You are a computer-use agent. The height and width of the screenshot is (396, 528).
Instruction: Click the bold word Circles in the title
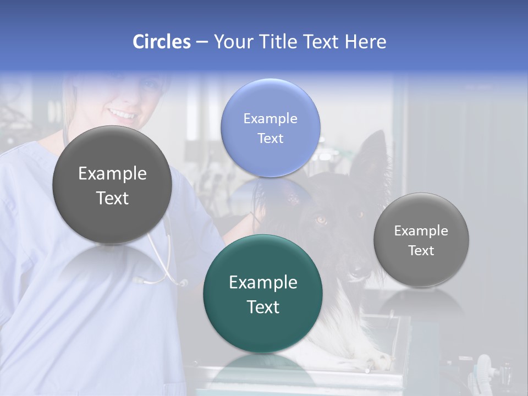point(162,42)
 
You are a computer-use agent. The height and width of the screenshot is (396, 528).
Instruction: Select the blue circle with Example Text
point(270,128)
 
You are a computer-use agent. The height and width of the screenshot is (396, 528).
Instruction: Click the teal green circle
point(263,294)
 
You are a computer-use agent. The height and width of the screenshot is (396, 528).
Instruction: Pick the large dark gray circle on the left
point(112,185)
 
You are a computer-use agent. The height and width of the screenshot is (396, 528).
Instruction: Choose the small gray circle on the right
point(421,240)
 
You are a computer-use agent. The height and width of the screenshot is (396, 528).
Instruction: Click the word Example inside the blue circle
point(270,118)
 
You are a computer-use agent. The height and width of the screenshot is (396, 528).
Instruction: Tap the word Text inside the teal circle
point(263,307)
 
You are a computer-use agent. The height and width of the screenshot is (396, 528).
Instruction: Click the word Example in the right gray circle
point(421,230)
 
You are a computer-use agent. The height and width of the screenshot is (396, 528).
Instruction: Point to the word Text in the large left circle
point(112,198)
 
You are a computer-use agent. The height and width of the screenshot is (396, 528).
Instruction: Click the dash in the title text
point(202,42)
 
